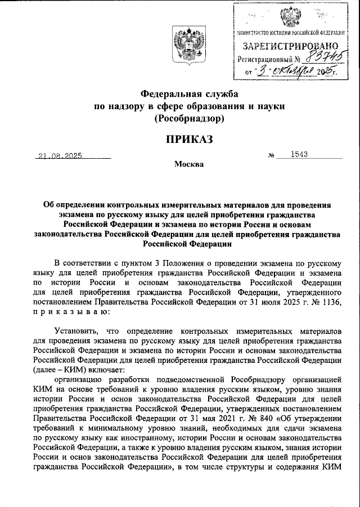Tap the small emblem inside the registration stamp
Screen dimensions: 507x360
coord(290,16)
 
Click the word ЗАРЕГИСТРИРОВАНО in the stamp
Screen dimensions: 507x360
coord(290,46)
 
